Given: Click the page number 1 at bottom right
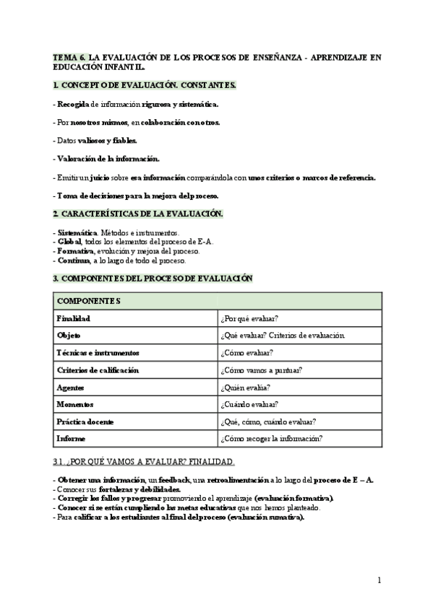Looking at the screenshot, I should [379, 580].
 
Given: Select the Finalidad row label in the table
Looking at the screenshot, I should [73, 318].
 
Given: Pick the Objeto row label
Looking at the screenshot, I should [68, 335].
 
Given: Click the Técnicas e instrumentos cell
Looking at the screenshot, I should [97, 352].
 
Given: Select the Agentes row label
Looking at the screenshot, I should [70, 388].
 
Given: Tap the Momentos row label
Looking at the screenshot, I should [74, 404].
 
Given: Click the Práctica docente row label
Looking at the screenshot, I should [85, 421].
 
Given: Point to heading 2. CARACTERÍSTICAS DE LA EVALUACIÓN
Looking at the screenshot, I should [138, 214].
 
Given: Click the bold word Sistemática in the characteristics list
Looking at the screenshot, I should [77, 232].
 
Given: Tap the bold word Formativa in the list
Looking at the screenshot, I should [74, 251].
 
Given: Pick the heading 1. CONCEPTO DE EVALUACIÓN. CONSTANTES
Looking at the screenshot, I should [145, 85].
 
